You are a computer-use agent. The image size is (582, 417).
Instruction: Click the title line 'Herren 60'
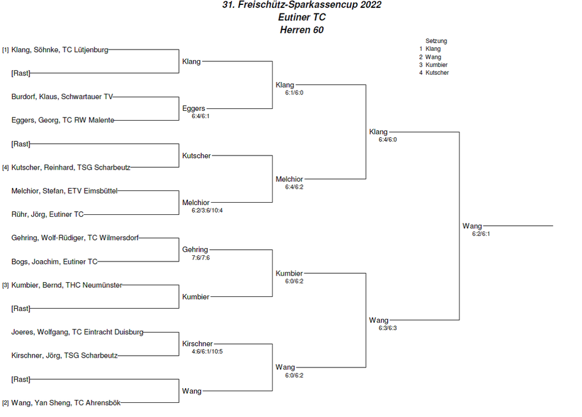click(x=301, y=29)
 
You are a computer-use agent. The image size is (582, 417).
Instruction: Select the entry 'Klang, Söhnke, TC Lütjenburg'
click(x=60, y=50)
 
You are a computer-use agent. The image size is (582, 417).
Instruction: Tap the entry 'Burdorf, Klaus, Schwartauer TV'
click(x=62, y=97)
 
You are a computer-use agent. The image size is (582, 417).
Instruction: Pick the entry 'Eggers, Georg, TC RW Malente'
click(x=62, y=120)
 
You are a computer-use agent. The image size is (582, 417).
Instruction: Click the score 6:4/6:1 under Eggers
click(x=200, y=116)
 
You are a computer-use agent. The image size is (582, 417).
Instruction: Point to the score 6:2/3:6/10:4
click(x=207, y=211)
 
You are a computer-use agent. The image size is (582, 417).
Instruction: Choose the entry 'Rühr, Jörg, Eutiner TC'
click(x=48, y=214)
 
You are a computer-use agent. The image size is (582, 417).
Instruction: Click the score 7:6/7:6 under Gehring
click(x=200, y=257)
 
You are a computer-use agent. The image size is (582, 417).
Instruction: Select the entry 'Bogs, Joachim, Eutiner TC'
click(x=54, y=261)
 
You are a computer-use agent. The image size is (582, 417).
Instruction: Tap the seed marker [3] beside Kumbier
click(x=5, y=285)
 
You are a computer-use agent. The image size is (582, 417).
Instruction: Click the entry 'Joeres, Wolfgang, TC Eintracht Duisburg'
click(x=77, y=332)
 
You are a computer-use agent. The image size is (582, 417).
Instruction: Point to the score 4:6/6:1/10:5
click(x=207, y=351)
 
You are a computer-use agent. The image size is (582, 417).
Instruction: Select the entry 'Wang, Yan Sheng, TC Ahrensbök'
click(x=66, y=403)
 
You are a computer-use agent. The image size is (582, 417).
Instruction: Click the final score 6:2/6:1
click(x=481, y=234)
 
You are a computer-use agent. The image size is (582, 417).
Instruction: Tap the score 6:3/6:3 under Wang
click(x=388, y=328)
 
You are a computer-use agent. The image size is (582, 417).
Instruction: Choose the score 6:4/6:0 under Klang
click(x=388, y=140)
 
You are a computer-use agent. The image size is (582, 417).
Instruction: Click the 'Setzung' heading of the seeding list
click(x=436, y=41)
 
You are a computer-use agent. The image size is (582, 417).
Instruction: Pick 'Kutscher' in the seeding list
click(x=437, y=73)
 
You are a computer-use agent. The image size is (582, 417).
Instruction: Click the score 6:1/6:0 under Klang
click(x=294, y=92)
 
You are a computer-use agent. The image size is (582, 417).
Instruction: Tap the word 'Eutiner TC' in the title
click(x=302, y=17)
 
